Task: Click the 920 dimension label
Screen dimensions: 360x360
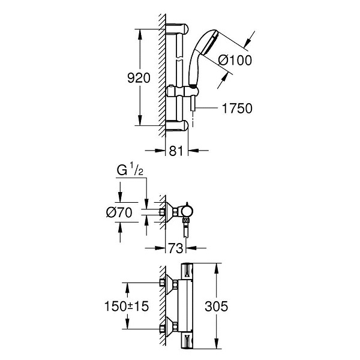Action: (139, 78)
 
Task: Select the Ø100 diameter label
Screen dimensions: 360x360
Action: (235, 61)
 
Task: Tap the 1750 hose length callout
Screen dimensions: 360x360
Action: (237, 109)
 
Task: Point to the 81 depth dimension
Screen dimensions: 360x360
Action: (176, 151)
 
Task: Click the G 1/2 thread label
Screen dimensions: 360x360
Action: (130, 169)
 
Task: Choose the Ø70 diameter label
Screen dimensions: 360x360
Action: (119, 212)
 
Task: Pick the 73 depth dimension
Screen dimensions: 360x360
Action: (176, 248)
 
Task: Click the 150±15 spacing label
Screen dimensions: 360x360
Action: (127, 306)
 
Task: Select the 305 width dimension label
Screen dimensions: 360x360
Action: (216, 306)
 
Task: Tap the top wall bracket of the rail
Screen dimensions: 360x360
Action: (177, 29)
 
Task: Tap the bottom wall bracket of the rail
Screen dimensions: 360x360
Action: (177, 126)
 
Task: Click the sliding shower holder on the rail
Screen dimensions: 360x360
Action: (182, 92)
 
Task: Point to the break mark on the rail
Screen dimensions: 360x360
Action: (179, 58)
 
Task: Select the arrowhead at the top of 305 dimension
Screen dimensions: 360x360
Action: (216, 269)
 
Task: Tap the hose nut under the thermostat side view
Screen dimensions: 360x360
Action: (185, 221)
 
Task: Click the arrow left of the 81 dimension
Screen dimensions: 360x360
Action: (155, 151)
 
